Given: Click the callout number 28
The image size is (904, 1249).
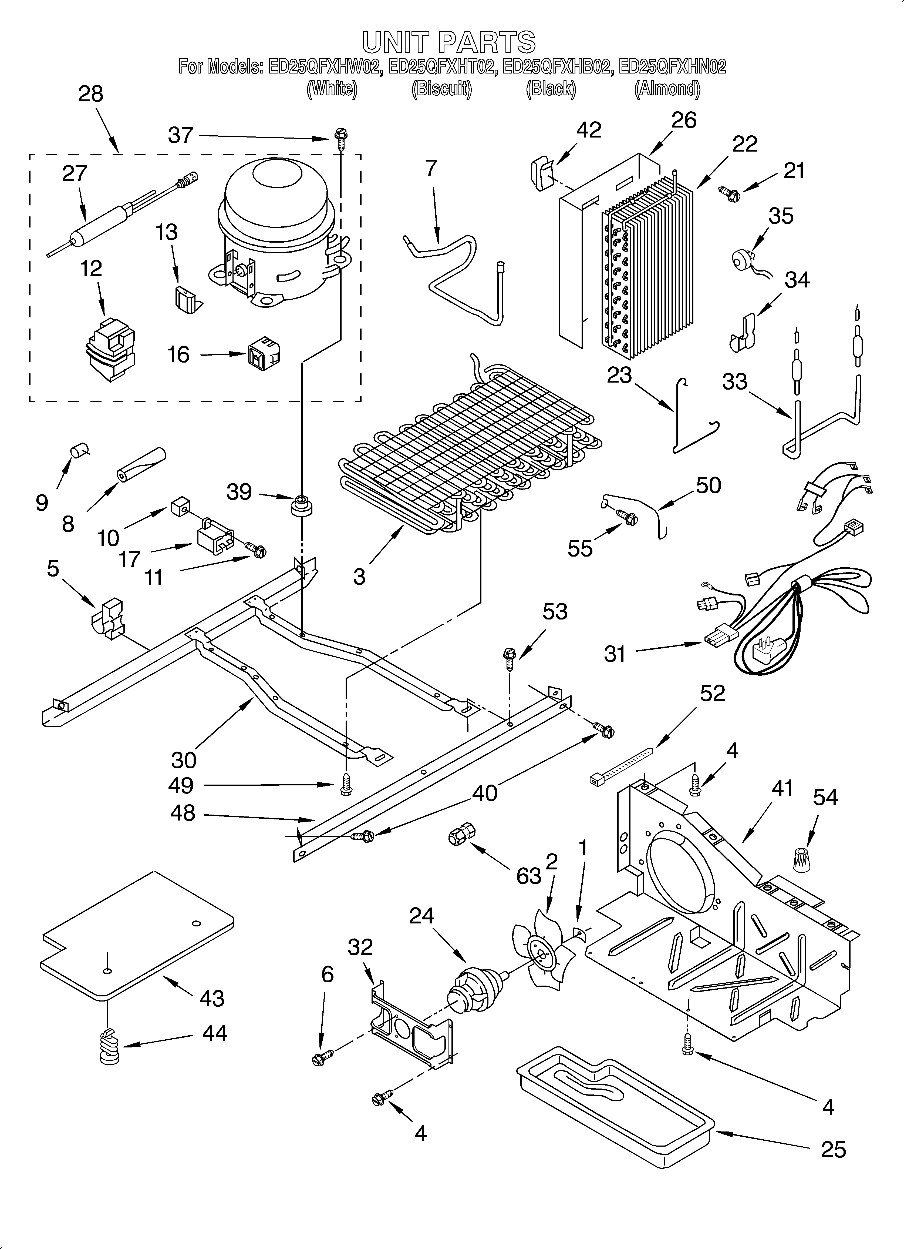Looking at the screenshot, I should (91, 94).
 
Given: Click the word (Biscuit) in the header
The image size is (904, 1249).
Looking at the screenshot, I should (441, 89).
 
